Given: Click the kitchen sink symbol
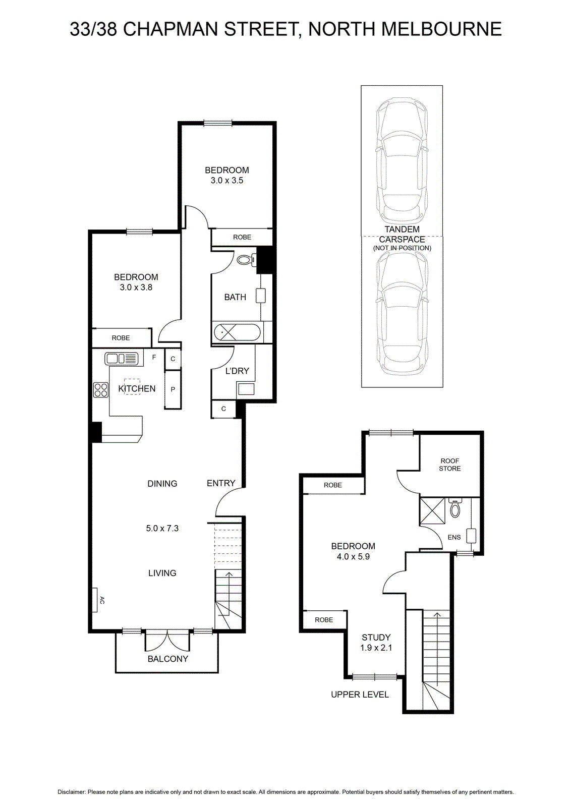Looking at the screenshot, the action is point(122,359).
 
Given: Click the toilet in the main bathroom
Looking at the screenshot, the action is point(247,259).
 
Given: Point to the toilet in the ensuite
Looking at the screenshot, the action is point(455,508).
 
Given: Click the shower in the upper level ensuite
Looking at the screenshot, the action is point(432,511).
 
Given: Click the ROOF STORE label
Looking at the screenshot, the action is point(449,465).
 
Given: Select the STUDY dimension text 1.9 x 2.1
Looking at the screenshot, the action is point(376,648).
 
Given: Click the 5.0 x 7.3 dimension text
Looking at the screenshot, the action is point(162,528).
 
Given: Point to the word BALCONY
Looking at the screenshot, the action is point(168,659).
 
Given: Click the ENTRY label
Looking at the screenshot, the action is point(221,483).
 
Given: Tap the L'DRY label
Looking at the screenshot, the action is point(237,371).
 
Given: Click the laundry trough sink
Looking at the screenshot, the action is point(246,389).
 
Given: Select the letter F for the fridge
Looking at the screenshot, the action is point(154,358).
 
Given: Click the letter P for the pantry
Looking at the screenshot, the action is point(173,389).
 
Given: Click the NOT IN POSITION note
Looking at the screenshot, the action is point(402,248).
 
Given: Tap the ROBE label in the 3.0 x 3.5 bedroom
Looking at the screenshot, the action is point(242,237).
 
